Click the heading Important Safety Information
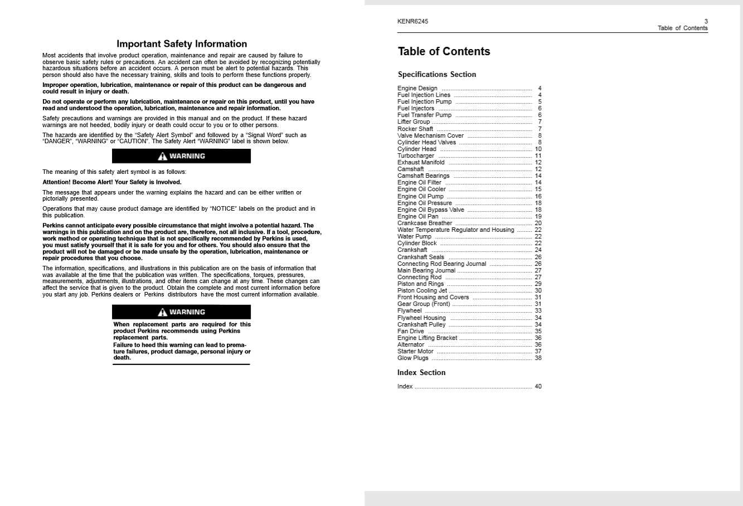182,44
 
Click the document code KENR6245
412,22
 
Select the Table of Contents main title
444,52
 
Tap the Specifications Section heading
437,75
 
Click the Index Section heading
421,373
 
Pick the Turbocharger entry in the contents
416,156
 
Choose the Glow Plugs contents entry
413,358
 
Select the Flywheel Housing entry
421,318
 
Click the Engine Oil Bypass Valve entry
430,210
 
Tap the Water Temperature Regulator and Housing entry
455,230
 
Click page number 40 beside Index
538,387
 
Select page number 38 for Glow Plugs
538,358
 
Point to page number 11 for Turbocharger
538,156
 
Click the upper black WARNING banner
181,157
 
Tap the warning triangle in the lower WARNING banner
162,313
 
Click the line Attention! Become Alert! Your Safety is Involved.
112,182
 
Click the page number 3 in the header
706,22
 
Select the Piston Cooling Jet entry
422,291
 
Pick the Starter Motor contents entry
415,352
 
